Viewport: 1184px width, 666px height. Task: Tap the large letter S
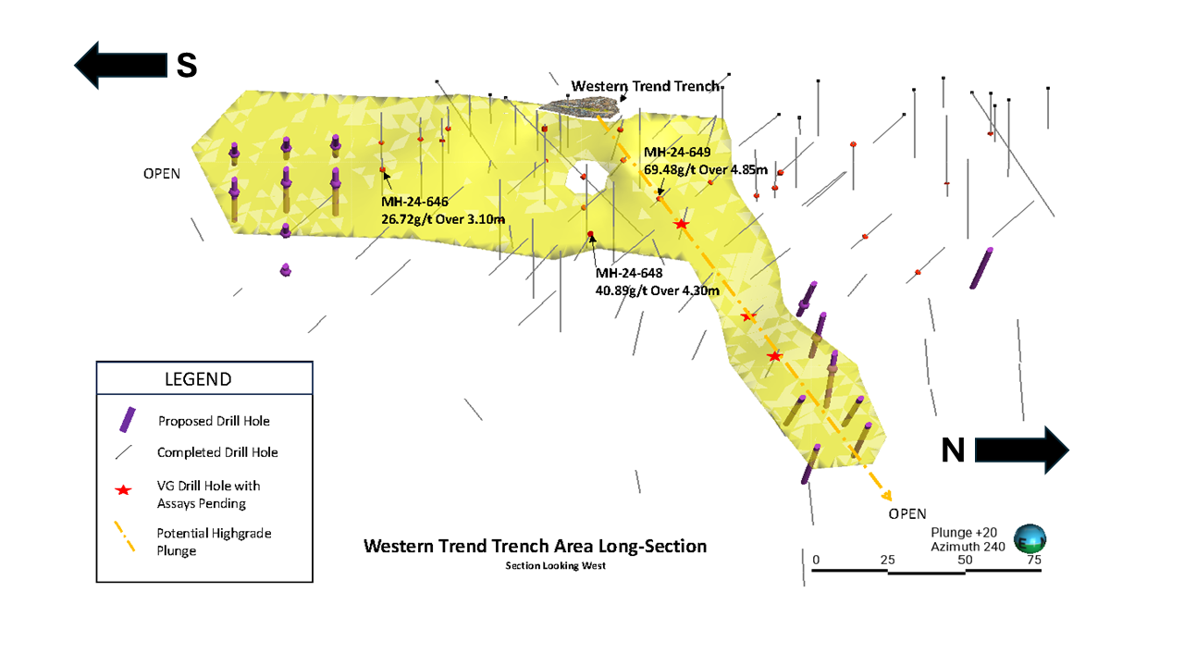tap(187, 65)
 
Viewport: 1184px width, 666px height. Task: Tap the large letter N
tap(953, 450)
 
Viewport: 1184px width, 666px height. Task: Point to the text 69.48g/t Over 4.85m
tap(706, 169)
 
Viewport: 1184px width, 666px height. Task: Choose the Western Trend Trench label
tap(645, 86)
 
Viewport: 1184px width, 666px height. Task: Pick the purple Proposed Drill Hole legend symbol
tap(128, 420)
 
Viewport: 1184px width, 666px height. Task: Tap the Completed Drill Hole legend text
tap(217, 452)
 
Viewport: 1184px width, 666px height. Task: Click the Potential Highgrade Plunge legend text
tap(214, 541)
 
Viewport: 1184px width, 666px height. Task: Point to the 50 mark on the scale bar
tap(966, 560)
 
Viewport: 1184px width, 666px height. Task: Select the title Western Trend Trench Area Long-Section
tap(535, 546)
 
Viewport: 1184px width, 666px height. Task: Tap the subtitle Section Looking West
tap(555, 565)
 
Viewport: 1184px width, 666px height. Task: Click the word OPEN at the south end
tap(162, 173)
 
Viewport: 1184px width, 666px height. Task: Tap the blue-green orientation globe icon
tap(1030, 538)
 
